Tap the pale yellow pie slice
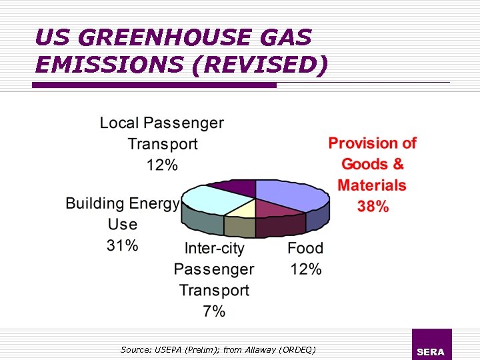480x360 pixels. coord(241,209)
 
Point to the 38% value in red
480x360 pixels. coord(373,206)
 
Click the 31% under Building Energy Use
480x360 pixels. coord(123,245)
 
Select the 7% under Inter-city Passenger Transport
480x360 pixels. coord(214,311)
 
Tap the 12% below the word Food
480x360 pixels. coord(306,269)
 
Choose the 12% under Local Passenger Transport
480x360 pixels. coord(162,165)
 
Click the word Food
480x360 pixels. coord(305,249)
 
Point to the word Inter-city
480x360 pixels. coord(214,249)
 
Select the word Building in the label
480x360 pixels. coord(94,203)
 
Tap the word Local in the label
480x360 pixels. coord(119,123)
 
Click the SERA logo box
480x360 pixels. coord(431,344)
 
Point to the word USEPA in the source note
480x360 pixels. coord(169,349)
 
